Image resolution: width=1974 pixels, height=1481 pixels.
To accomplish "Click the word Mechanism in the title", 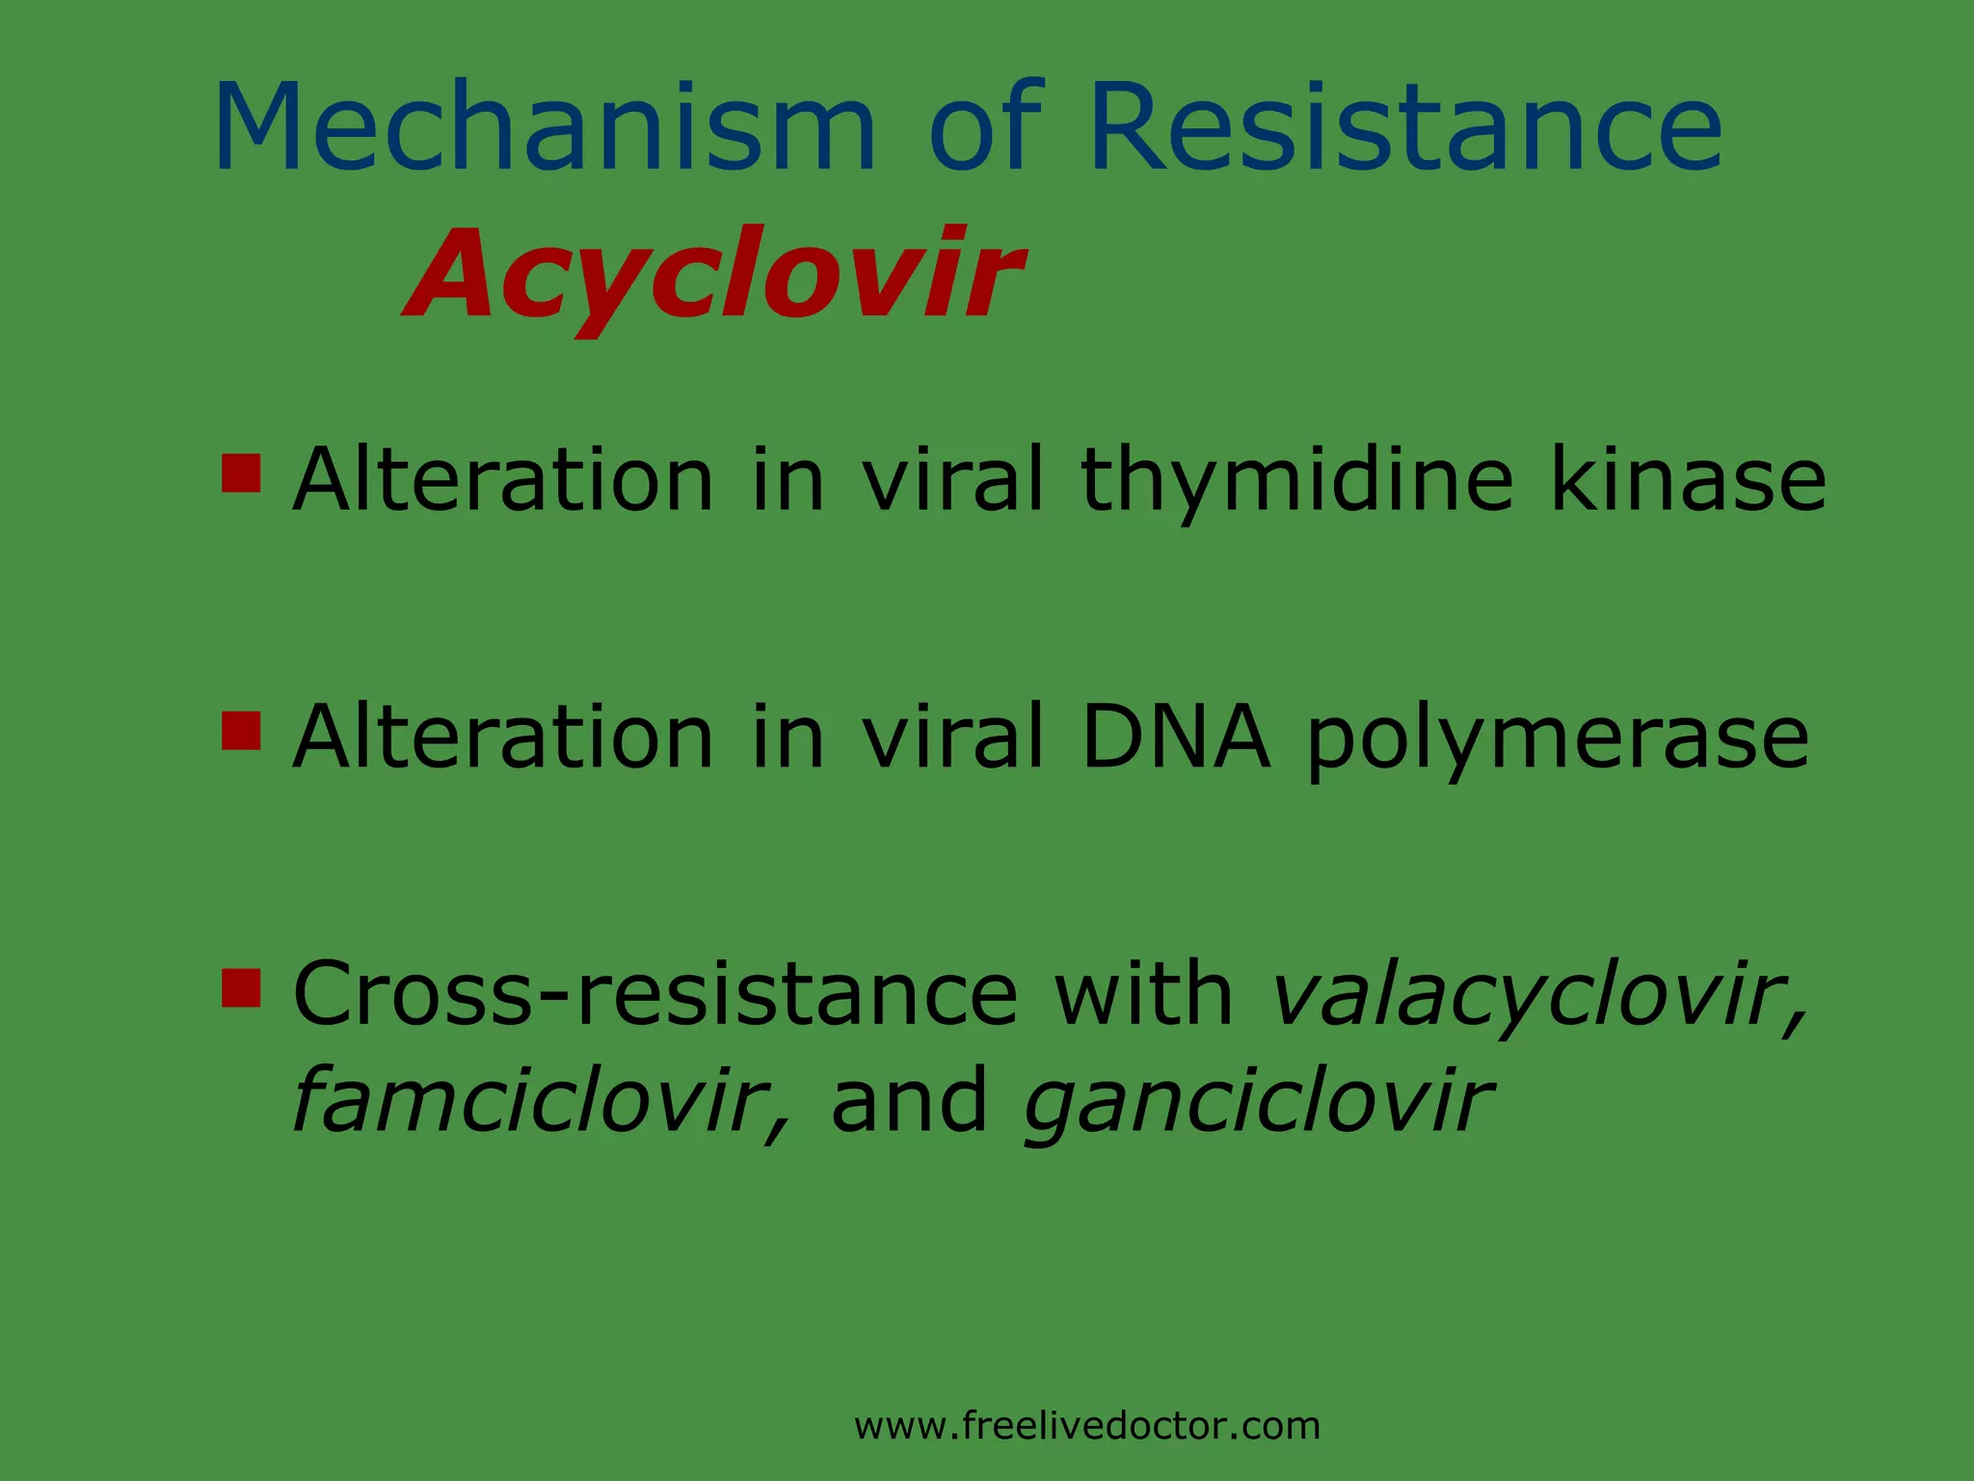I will coord(545,128).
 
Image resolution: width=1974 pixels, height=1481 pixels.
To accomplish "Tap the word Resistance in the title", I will coord(1405,128).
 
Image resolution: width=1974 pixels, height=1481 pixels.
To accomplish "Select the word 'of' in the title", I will coord(985,128).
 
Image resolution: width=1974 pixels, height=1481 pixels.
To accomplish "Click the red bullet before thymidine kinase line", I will coord(241,473).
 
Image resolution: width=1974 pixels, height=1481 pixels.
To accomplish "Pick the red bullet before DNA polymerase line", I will coord(241,731).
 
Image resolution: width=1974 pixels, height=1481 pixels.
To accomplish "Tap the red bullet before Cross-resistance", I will coord(241,987).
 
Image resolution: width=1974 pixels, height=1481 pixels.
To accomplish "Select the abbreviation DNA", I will coord(1174,738).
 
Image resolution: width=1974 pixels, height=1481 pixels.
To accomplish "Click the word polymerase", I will coord(1557,740).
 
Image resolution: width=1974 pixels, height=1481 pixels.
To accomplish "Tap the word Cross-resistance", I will coord(654,994).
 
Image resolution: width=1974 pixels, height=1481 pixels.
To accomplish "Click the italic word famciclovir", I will coord(540,1100).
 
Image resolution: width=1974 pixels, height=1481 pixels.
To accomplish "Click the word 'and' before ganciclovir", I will coord(909,1100).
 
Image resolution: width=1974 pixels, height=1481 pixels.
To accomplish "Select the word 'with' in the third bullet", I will coord(1143,994).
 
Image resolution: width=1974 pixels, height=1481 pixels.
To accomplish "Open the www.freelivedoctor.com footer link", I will coord(1087,1425).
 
